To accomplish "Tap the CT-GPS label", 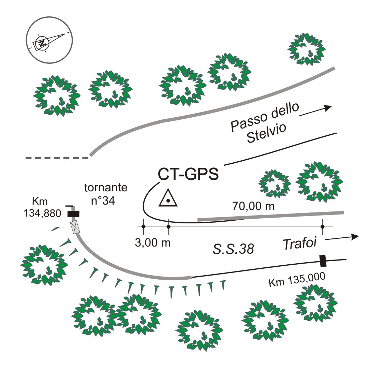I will (188, 174).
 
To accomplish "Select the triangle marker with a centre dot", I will (168, 198).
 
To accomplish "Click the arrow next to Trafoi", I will (342, 238).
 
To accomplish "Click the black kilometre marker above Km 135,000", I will (323, 261).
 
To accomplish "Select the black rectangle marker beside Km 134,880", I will (73, 214).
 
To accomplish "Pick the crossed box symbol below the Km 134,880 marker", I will (75, 227).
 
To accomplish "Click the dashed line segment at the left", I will (57, 158).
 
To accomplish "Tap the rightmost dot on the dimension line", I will (322, 226).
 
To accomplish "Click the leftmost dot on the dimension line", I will (143, 226).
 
